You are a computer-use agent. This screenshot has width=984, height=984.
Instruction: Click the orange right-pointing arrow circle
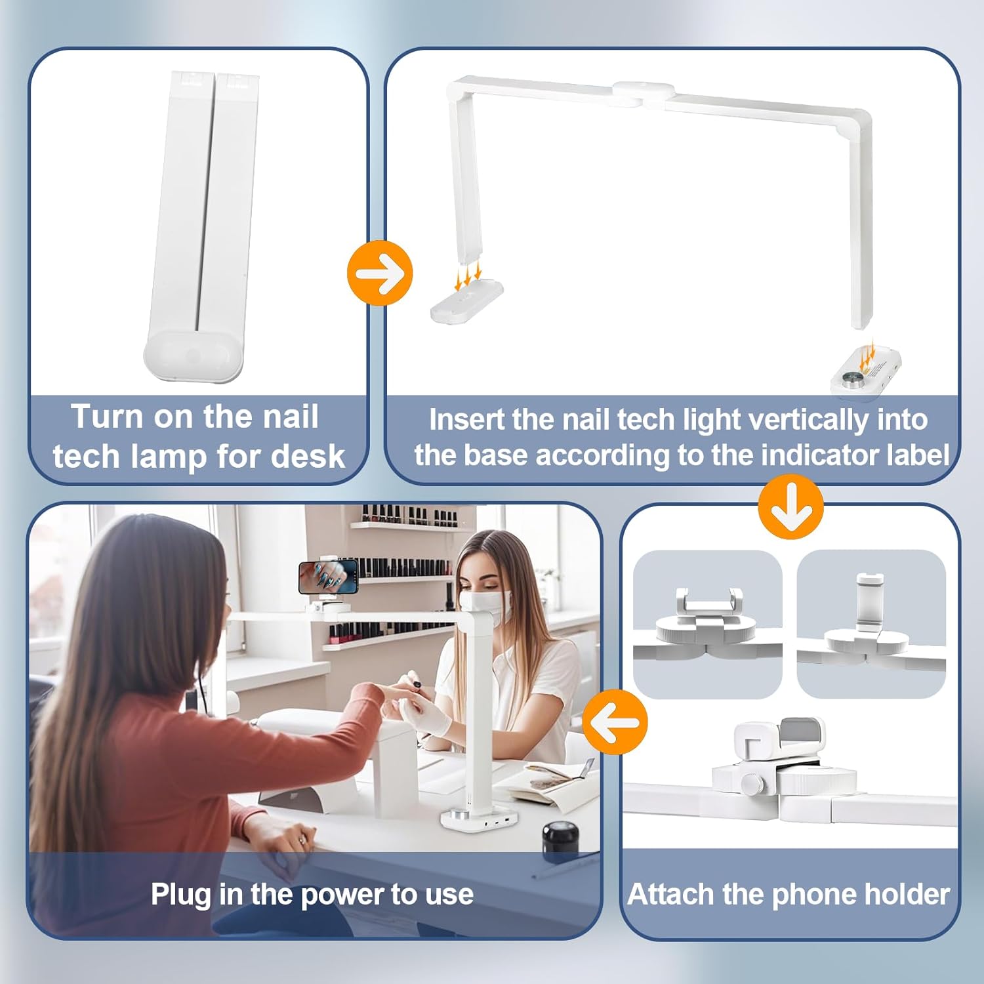click(x=380, y=273)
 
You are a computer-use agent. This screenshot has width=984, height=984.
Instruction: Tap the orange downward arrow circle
click(x=790, y=507)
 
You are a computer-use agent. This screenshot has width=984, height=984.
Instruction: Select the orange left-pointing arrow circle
click(x=615, y=722)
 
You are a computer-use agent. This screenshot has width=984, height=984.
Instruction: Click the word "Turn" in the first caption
click(x=107, y=417)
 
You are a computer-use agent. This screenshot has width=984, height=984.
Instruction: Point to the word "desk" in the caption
click(x=308, y=456)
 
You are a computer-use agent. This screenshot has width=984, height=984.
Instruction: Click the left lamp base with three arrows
click(x=467, y=301)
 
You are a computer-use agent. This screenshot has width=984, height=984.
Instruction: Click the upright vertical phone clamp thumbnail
click(x=871, y=624)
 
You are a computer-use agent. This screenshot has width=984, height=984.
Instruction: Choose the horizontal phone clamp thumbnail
click(x=707, y=624)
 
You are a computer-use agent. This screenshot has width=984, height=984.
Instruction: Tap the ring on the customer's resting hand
click(x=302, y=840)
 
